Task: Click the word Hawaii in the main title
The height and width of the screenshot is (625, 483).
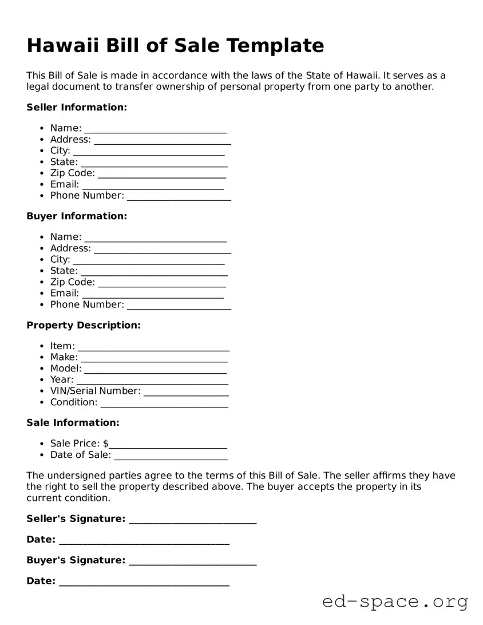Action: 63,45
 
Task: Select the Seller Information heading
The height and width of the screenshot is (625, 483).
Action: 77,107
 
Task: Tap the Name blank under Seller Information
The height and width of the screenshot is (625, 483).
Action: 155,129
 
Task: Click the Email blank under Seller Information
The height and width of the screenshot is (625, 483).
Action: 153,185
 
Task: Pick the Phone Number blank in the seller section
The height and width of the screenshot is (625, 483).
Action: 179,197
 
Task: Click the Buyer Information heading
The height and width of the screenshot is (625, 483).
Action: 77,216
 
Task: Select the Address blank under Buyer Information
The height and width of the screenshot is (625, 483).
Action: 162,250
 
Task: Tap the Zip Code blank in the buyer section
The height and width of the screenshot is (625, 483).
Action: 162,283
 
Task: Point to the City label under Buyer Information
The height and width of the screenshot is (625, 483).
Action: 60,259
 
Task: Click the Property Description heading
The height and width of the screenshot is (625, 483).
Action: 84,325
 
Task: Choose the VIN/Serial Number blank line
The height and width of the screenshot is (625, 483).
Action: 186,392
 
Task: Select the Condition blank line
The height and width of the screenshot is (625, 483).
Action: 164,404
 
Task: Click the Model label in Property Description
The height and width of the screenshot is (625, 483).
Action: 65,369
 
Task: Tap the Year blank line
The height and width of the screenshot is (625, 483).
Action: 152,381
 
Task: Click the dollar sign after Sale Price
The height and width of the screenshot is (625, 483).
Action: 106,444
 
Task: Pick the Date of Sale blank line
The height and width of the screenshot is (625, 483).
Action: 171,456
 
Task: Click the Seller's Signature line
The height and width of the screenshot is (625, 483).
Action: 193,520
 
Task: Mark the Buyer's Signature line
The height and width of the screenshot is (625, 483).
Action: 193,561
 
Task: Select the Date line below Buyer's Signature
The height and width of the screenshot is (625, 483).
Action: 144,583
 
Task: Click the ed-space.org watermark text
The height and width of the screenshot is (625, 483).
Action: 395,602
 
